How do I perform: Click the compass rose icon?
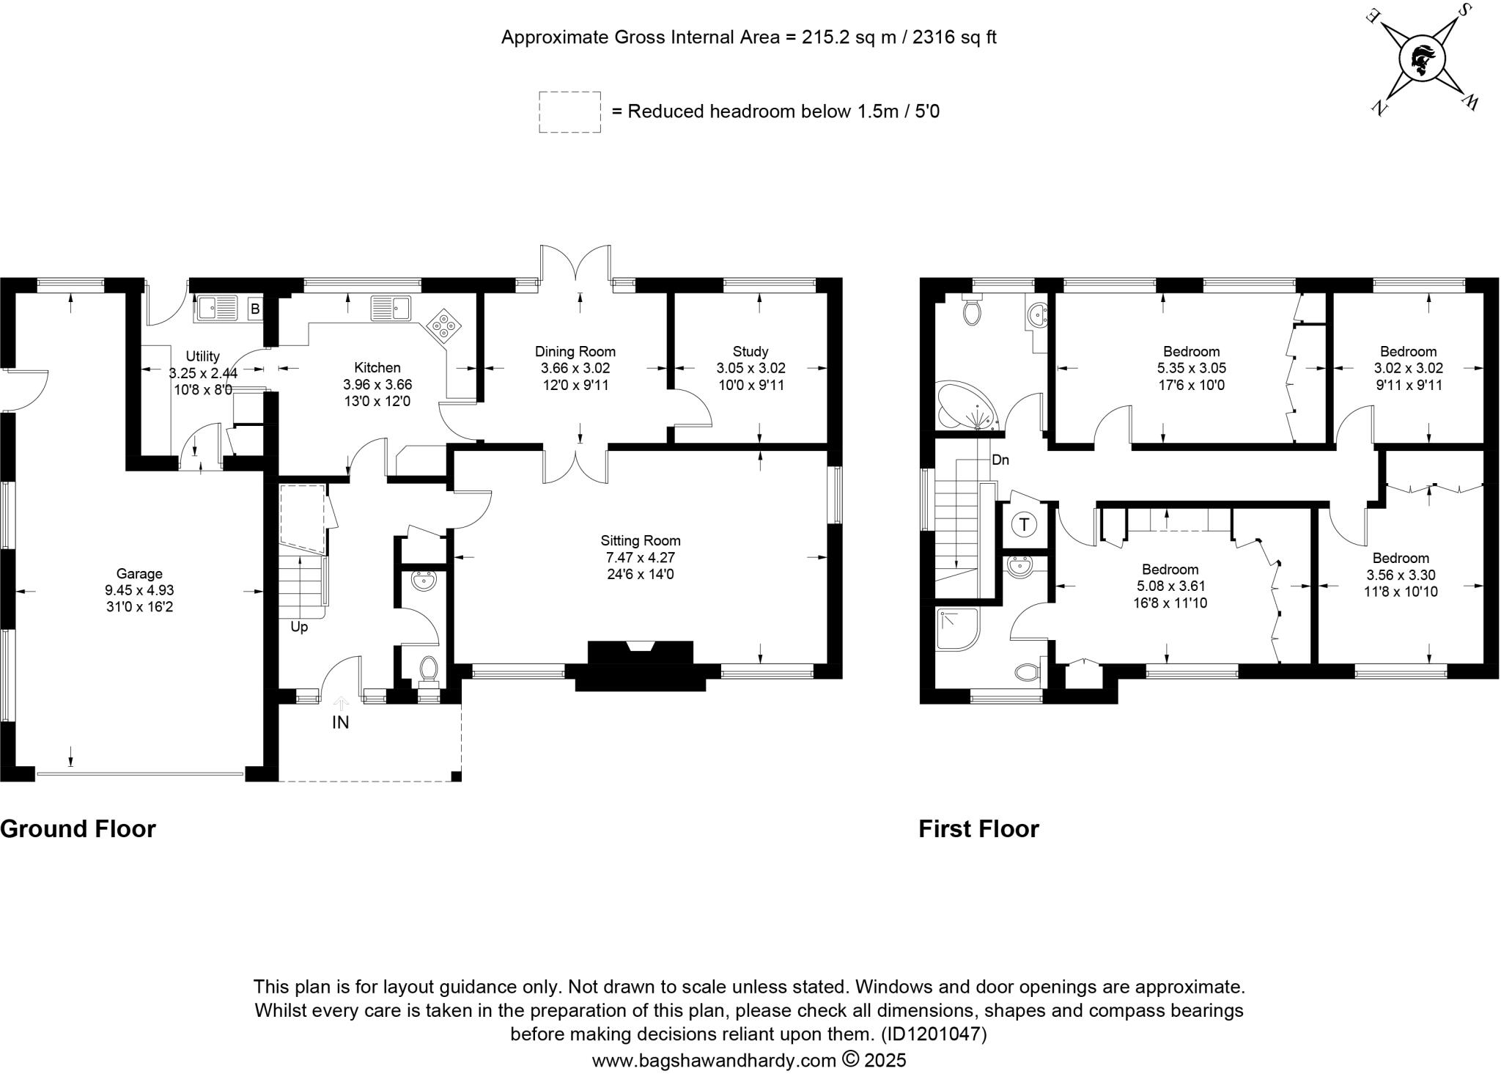point(1422,61)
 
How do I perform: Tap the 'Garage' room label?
point(139,573)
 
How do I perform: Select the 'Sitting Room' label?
point(641,540)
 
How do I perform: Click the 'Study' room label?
point(750,351)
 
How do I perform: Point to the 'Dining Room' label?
point(575,351)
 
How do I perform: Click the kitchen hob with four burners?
point(444,325)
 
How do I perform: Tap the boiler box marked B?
point(255,309)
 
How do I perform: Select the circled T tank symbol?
point(1024,525)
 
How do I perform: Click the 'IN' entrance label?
point(340,722)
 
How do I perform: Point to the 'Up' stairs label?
point(299,627)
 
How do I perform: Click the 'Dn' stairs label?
point(1000,460)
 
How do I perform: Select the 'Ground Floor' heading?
point(78,829)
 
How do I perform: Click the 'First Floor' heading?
point(979,829)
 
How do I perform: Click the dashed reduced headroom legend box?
point(570,112)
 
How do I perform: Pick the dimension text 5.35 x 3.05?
point(1192,368)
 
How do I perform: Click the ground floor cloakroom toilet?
point(429,670)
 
